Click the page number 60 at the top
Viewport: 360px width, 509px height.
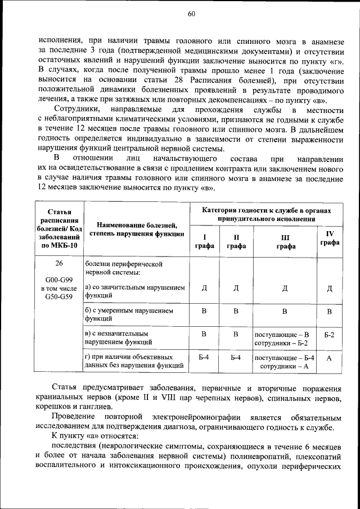point(191,14)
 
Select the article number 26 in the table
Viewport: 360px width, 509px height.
point(59,263)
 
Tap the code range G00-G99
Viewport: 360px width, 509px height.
point(59,280)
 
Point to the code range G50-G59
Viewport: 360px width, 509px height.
point(59,296)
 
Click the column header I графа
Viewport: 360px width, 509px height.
point(204,241)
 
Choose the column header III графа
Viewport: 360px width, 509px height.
point(285,241)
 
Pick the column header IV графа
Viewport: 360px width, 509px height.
point(330,238)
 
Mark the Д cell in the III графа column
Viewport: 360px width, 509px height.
point(285,289)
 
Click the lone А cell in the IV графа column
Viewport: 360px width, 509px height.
point(330,358)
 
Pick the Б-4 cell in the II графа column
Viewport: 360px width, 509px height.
point(236,357)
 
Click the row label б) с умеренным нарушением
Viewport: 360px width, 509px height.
point(129,310)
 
